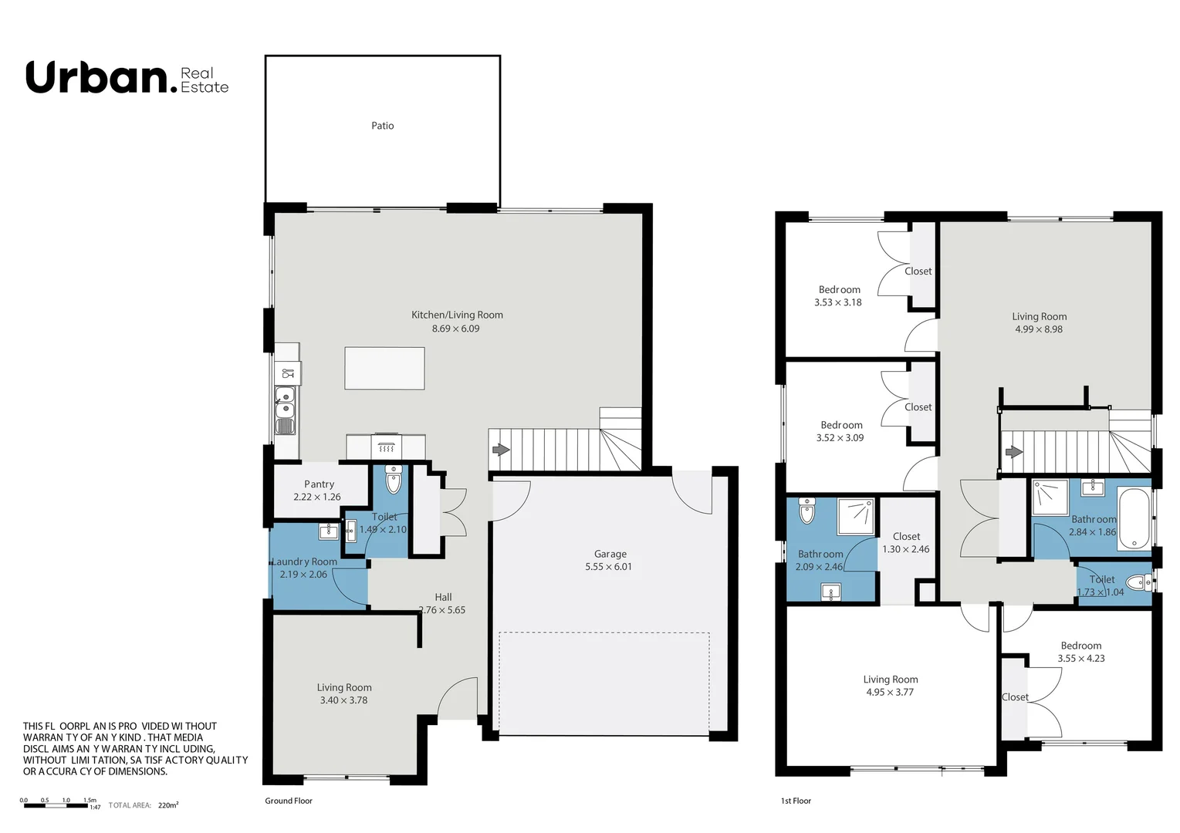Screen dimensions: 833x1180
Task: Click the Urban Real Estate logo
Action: (127, 79)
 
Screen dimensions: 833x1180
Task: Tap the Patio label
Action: (382, 126)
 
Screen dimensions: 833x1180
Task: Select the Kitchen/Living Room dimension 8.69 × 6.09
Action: (455, 329)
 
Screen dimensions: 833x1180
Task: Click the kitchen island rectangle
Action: (384, 369)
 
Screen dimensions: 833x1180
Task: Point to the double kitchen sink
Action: (285, 401)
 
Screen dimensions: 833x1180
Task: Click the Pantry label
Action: (319, 484)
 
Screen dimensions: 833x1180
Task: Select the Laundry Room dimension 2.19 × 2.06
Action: (303, 575)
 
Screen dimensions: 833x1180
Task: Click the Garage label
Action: (610, 554)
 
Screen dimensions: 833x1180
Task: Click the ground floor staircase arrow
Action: (501, 450)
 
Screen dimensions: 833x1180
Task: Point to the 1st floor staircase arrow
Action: (1013, 451)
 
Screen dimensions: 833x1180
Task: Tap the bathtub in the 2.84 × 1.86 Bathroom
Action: (1134, 518)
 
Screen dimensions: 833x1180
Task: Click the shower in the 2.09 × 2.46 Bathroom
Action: (856, 516)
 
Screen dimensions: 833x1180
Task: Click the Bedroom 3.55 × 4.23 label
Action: (1080, 646)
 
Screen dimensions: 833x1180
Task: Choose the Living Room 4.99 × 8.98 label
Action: (1039, 316)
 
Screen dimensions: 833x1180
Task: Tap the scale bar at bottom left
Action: (56, 805)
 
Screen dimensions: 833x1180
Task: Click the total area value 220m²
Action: (167, 805)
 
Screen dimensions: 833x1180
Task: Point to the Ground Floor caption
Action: (289, 801)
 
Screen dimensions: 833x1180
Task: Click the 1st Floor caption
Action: (796, 801)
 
